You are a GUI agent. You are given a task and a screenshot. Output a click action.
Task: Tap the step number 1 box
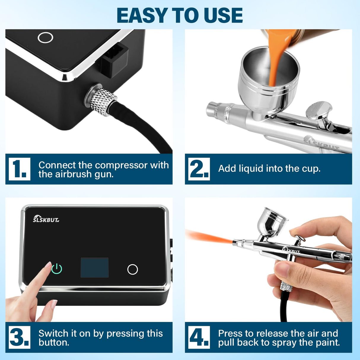[19, 169]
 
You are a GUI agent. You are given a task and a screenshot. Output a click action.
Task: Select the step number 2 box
[199, 169]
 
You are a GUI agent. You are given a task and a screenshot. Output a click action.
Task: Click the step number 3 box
[19, 337]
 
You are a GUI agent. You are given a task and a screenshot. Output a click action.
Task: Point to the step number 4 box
[199, 337]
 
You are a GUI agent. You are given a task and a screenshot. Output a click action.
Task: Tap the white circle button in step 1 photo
[45, 38]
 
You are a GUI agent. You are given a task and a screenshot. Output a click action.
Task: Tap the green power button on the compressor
[57, 269]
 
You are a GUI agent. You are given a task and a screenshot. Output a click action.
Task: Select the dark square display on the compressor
[95, 267]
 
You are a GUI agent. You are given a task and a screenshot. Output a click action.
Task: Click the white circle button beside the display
[132, 269]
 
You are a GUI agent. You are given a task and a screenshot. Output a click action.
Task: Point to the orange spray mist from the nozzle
[208, 237]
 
